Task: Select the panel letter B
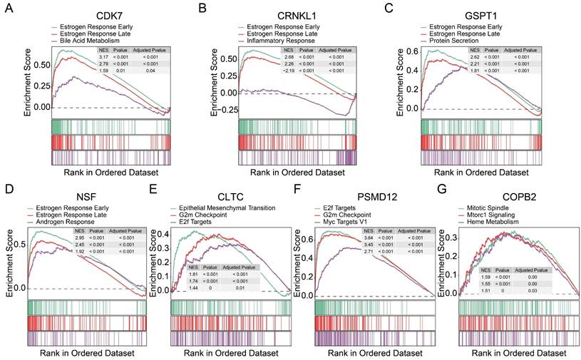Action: click(202, 9)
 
